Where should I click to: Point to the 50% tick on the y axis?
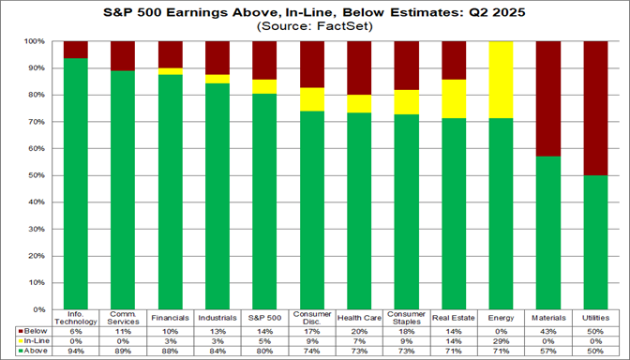pos(40,175)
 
